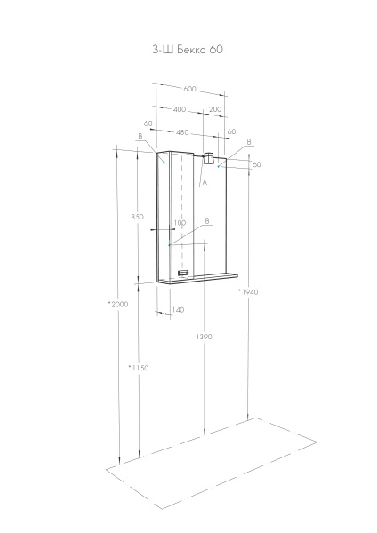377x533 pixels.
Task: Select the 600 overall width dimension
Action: point(189,89)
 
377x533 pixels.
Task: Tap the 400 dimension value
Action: point(180,109)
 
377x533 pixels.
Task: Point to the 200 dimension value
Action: point(214,109)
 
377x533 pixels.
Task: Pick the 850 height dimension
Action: point(136,217)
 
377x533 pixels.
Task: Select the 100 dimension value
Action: point(180,225)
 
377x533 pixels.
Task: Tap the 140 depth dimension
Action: point(178,310)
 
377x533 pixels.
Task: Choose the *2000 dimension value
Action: point(117,305)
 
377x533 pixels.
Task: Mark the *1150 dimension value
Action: point(138,367)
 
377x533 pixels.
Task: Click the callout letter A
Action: point(204,182)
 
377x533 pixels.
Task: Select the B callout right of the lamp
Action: point(248,142)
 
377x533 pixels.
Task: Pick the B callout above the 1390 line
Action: point(206,220)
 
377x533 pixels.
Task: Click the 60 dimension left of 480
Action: point(148,123)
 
